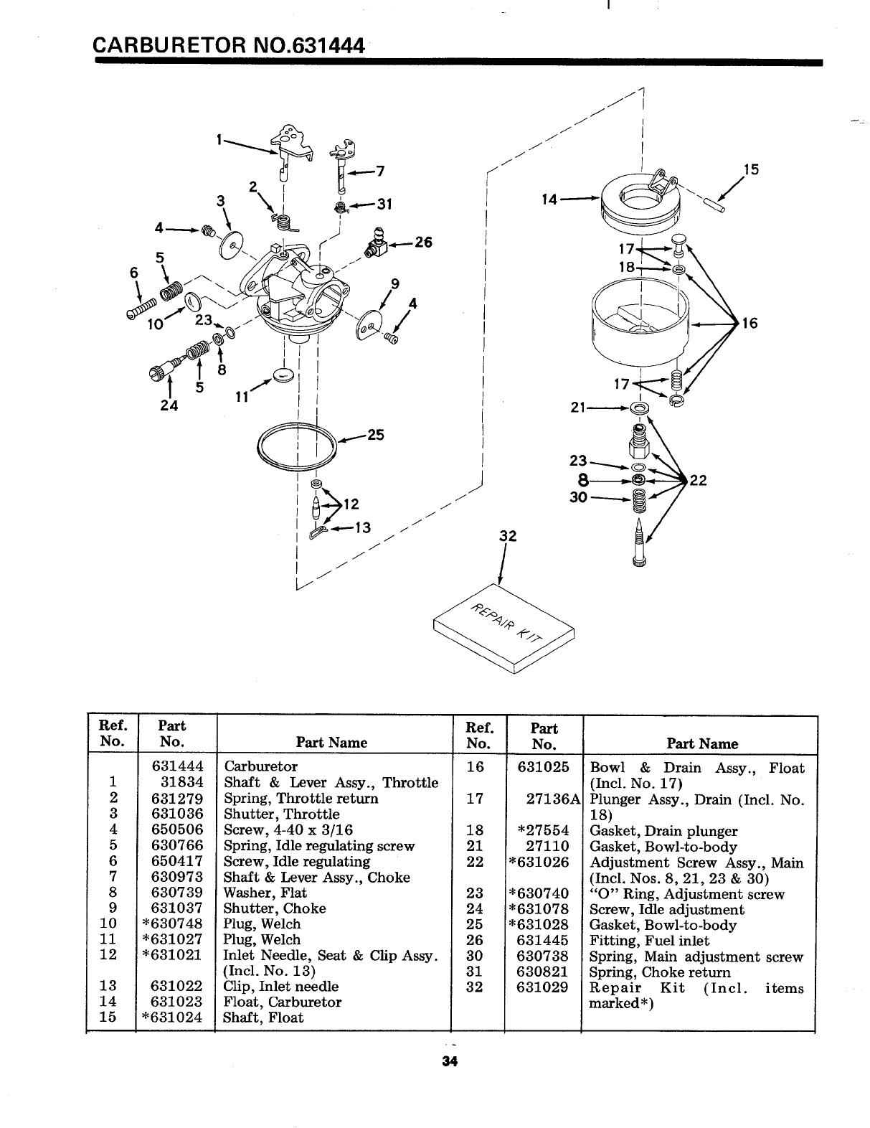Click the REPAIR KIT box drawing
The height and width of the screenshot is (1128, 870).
point(505,627)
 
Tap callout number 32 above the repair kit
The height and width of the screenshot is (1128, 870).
point(508,537)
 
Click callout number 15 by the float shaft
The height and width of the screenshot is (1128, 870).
point(751,170)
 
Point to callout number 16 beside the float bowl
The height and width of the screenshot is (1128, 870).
point(750,323)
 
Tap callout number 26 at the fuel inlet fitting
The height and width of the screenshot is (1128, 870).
point(423,243)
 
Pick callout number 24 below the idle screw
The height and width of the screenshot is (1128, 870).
point(169,403)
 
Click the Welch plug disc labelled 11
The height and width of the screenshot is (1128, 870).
point(284,376)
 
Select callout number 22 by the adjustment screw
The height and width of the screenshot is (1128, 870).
point(699,480)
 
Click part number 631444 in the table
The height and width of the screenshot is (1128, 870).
point(177,766)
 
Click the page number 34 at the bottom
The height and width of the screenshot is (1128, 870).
point(450,1062)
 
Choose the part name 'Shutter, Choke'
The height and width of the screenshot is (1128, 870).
point(275,908)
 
